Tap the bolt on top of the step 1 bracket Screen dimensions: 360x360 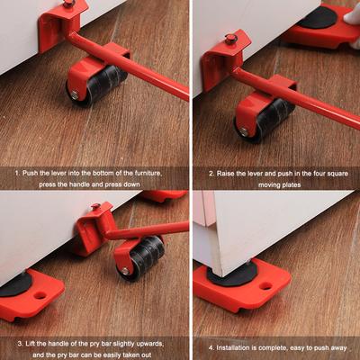pyautogui.click(x=68, y=4)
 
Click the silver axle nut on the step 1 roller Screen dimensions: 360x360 pyautogui.click(x=73, y=94)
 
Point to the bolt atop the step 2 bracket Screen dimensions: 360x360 pyautogui.click(x=231, y=39)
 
